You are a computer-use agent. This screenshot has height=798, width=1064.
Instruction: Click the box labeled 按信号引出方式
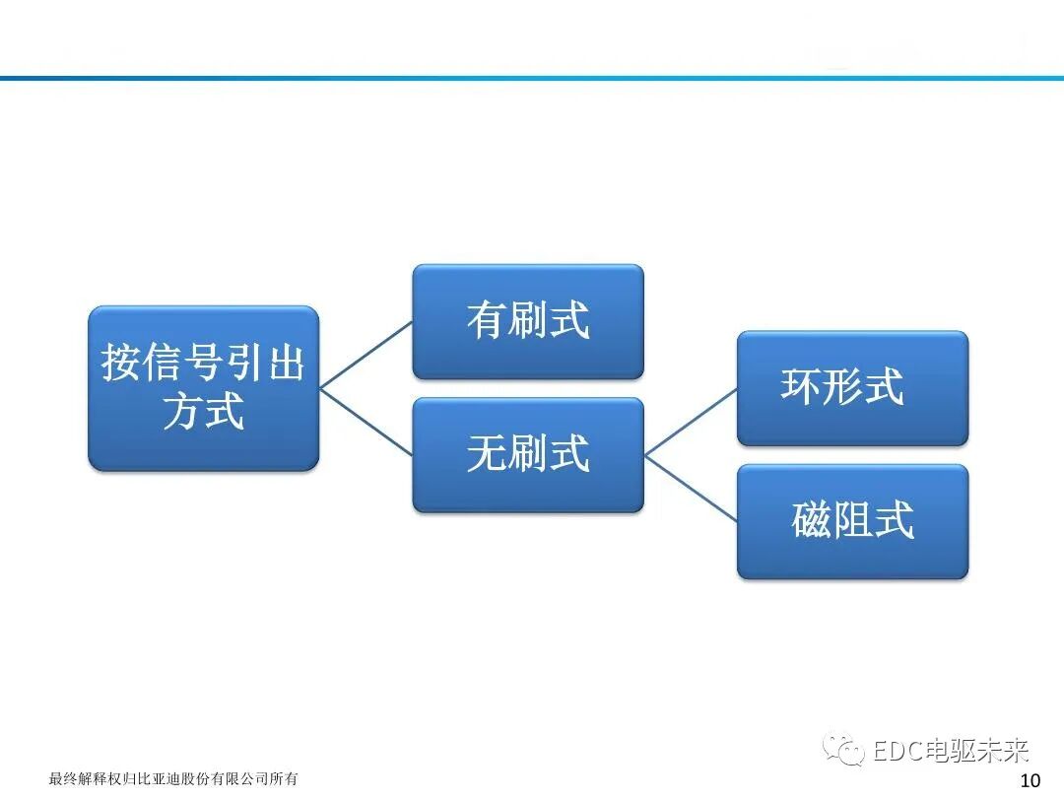pos(203,387)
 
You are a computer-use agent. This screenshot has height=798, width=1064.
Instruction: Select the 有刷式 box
pos(527,321)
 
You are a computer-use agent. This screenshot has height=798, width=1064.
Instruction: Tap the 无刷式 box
pos(527,454)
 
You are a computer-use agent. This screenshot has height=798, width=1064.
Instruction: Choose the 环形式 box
pos(852,387)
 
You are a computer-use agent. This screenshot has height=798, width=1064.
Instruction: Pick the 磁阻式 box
pos(852,521)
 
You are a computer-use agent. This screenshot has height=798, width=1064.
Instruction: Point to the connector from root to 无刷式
pos(366,422)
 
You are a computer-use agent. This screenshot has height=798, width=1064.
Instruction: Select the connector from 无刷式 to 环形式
pos(691,422)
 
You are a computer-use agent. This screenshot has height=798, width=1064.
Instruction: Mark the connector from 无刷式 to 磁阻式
pos(691,488)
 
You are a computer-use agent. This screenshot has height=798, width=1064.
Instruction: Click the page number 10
pos(1030,781)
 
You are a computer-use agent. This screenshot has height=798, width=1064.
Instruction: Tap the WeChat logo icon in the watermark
pos(845,751)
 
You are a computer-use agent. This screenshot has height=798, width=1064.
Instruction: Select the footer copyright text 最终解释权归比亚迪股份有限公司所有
pos(173,779)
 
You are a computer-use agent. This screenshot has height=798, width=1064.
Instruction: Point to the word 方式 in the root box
pos(203,411)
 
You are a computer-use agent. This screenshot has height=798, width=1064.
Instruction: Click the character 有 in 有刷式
pos(486,321)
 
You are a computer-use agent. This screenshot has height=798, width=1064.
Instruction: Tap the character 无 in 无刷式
pos(486,454)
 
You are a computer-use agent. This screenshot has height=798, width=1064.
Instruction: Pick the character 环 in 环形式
pos(801,387)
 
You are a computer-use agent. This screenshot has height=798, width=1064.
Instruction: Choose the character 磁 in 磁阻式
pos(811,521)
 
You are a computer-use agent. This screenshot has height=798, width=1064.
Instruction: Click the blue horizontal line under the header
pos(532,78)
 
